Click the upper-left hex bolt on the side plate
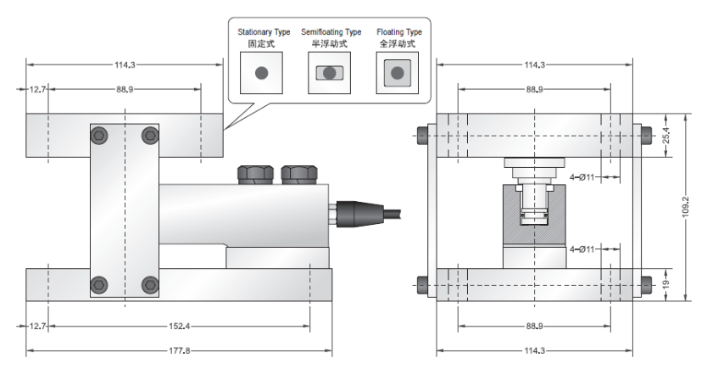pyautogui.click(x=101, y=134)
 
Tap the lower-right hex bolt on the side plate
pyautogui.click(x=151, y=284)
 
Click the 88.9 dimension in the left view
pyautogui.click(x=125, y=89)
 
